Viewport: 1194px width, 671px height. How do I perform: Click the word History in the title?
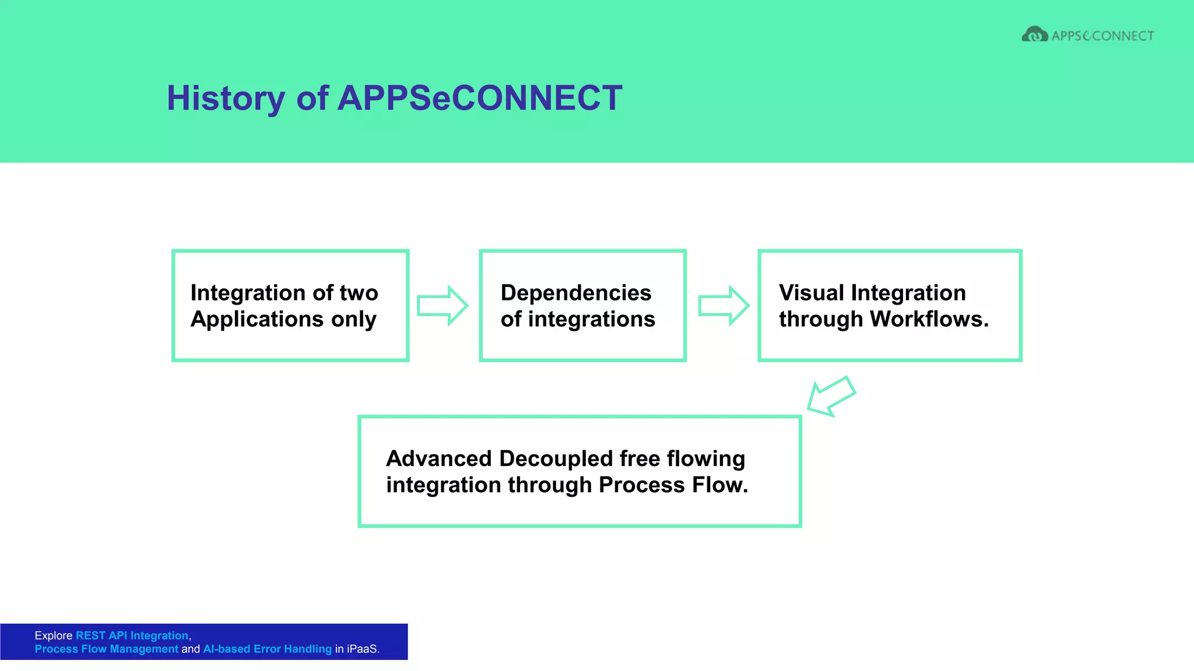coord(226,98)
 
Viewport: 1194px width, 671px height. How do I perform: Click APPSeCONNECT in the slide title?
coord(479,98)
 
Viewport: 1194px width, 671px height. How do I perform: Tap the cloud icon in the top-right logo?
coord(1034,35)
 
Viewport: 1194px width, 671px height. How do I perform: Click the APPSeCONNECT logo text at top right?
coord(1102,36)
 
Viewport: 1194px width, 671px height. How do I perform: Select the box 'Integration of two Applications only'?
coord(290,306)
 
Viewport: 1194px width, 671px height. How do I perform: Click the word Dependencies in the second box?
coord(575,293)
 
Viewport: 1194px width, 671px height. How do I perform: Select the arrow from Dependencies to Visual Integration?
coord(723,305)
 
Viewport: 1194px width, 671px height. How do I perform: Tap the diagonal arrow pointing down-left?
coord(830,397)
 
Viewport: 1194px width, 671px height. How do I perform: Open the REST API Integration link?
coord(132,635)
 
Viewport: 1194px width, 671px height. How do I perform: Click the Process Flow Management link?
coord(106,649)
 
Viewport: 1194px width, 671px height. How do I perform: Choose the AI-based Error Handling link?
coord(267,649)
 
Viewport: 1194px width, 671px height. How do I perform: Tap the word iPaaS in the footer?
coord(361,649)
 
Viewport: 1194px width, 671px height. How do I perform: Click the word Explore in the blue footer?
coord(53,635)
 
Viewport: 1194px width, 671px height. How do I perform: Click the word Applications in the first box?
coord(257,319)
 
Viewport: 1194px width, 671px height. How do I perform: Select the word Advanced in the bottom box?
coord(439,459)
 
